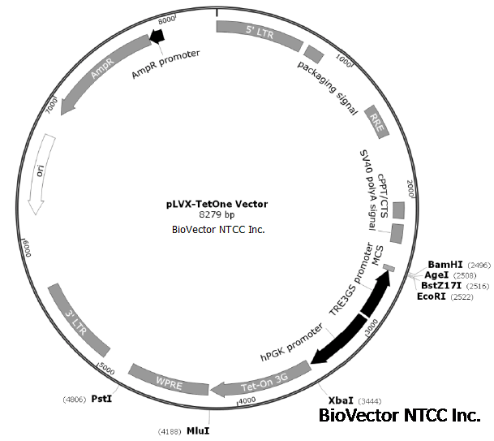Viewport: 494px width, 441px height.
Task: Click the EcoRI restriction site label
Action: pos(432,296)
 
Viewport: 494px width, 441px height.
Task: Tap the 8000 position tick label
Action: pos(168,18)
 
